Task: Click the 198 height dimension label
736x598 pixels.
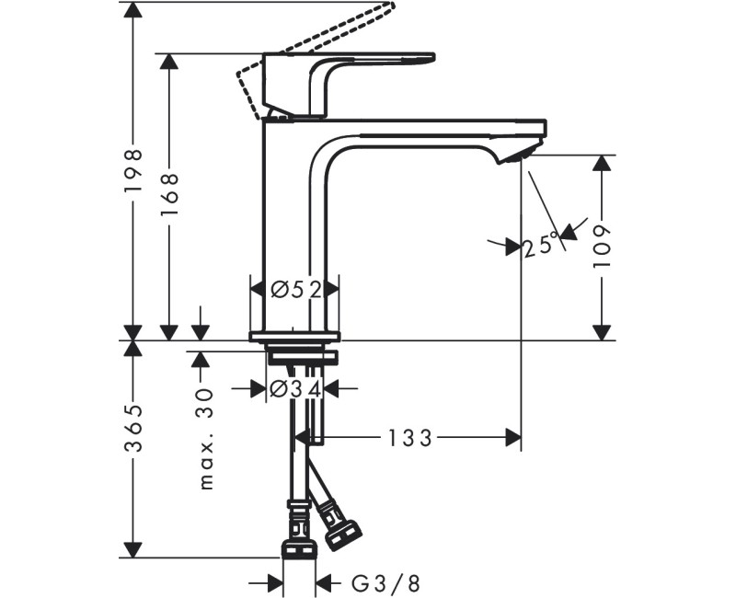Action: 134,170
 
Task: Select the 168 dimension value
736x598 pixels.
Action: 169,193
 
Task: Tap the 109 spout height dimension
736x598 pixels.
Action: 603,246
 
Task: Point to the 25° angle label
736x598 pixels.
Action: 541,246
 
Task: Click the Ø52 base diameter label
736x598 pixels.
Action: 295,289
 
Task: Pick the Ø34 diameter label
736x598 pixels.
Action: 295,389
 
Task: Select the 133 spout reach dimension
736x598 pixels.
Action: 409,439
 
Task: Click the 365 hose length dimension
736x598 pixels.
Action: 134,429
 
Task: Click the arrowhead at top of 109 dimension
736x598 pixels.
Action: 603,164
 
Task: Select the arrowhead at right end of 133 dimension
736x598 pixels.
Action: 512,439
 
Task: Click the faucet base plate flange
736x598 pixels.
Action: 294,335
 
